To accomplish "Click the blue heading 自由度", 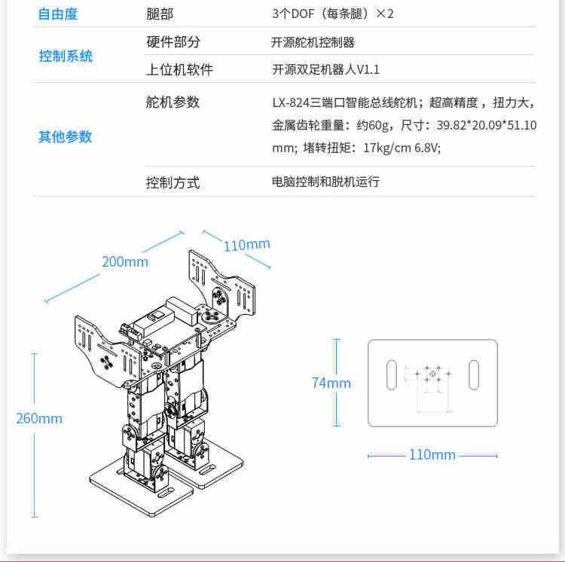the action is (58, 14).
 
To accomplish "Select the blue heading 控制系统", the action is (66, 57).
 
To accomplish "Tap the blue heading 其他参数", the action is (66, 137).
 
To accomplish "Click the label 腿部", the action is (160, 14).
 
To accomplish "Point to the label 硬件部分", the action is (173, 41).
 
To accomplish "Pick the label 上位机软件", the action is (179, 69).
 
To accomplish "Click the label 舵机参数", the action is (173, 102).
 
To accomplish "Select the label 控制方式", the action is (173, 182).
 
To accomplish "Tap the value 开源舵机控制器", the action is (313, 42).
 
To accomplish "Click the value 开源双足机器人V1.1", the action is (325, 69).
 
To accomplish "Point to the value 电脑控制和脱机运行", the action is (325, 182).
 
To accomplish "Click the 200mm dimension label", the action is (125, 261).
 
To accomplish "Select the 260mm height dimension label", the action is (39, 418).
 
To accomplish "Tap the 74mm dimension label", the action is (331, 383).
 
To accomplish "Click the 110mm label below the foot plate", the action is (432, 454).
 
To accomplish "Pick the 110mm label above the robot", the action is (247, 245).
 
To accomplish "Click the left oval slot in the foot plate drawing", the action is (391, 374).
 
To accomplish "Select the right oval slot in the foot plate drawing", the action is (474, 374).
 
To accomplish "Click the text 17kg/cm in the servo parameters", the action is (387, 148).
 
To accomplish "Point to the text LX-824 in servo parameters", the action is (291, 102).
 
